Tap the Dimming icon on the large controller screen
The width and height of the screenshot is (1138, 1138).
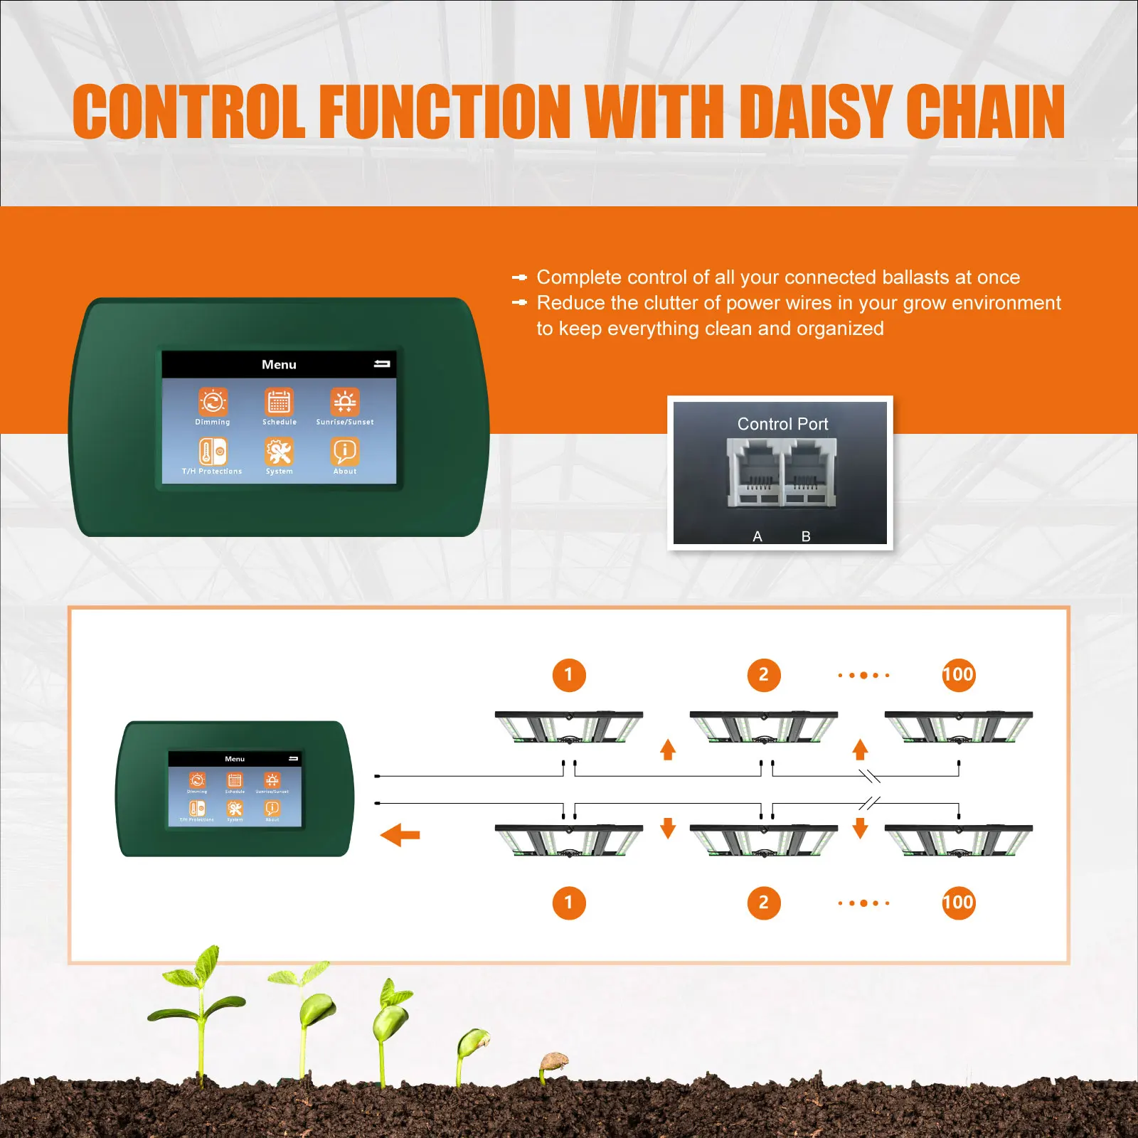[213, 402]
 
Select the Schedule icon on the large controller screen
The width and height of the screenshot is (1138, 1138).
[279, 402]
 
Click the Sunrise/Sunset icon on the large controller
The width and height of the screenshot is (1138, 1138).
[345, 402]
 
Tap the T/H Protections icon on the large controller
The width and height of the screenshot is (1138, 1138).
[213, 452]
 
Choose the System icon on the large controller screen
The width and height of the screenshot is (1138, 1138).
[279, 452]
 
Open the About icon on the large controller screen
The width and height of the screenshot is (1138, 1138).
[345, 452]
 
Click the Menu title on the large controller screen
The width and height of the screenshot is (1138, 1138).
[279, 364]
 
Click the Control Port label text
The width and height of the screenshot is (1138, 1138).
[782, 424]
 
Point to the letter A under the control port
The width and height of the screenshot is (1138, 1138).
[757, 536]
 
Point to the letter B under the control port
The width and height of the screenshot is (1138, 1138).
[806, 536]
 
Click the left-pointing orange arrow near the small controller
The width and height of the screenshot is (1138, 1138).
[400, 834]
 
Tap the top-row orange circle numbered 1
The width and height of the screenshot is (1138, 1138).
[569, 675]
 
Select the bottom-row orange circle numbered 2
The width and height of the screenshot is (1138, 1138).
[764, 903]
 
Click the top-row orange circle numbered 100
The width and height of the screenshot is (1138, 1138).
[958, 675]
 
